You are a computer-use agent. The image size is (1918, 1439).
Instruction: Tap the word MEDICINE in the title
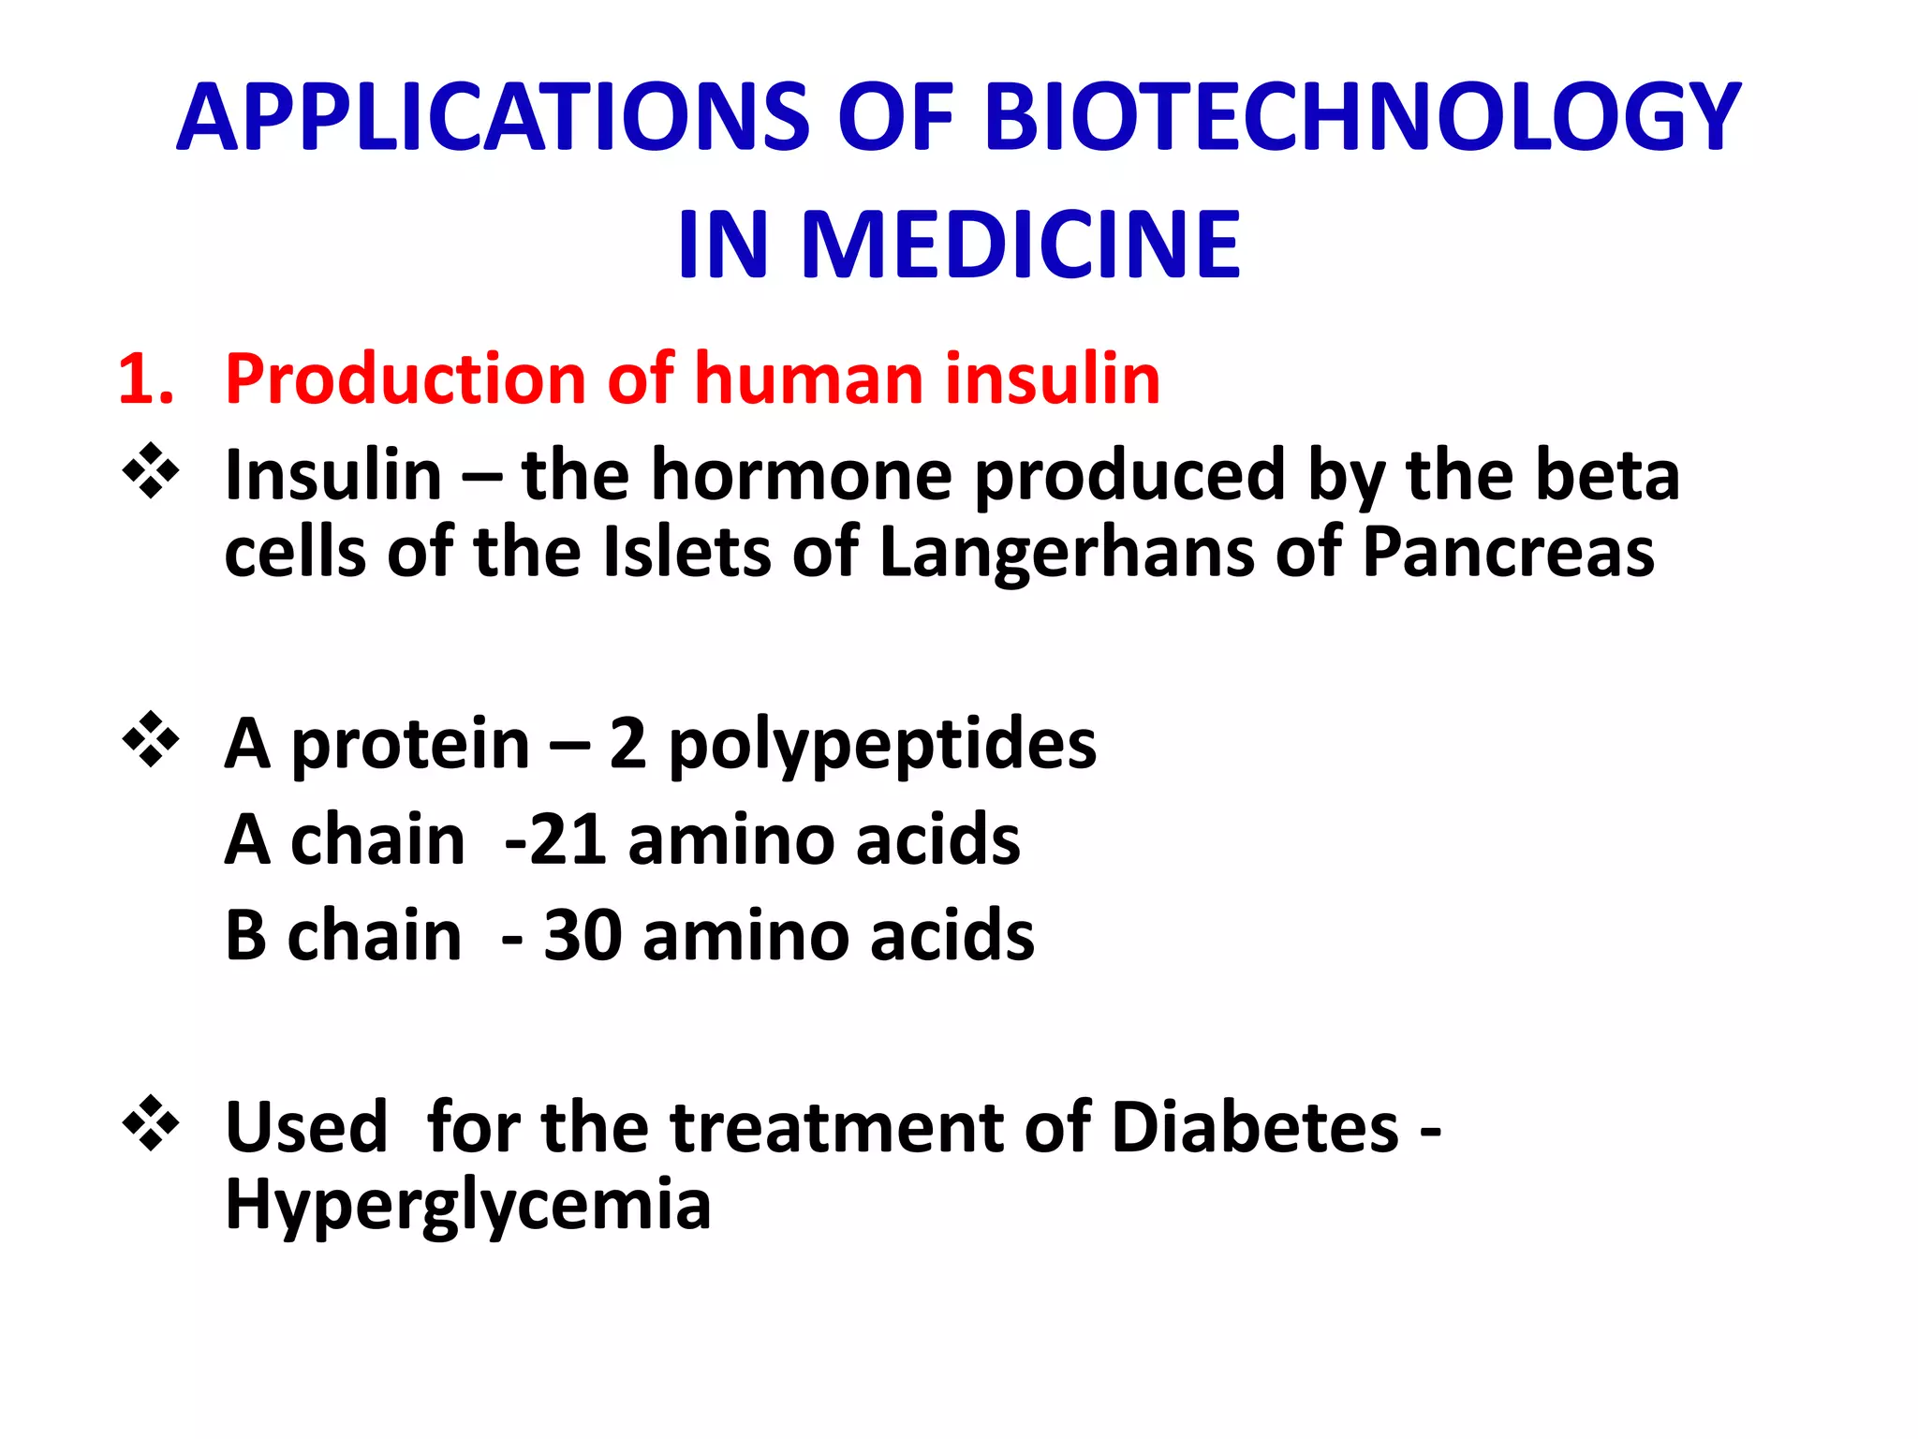[1021, 245]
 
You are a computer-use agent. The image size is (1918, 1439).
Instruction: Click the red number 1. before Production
[145, 379]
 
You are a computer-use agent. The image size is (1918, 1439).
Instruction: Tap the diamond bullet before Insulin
[151, 471]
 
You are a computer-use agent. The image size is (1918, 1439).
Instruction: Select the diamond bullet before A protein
[151, 740]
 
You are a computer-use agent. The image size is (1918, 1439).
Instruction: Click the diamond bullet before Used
[151, 1122]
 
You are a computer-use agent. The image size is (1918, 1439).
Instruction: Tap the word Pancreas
[1508, 553]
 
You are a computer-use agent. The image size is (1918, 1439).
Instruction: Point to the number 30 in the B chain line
[583, 936]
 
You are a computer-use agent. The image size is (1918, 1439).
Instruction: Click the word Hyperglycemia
[468, 1206]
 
